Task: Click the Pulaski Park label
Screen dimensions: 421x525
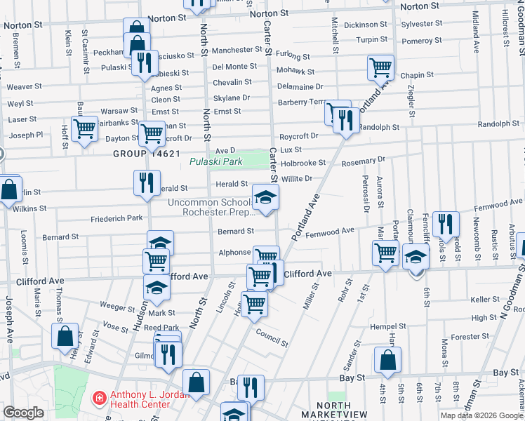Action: [216, 162]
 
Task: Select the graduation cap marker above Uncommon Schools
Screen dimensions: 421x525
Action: [265, 199]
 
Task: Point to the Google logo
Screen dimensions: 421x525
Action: [23, 413]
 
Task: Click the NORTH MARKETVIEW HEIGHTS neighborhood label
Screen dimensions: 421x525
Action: [333, 410]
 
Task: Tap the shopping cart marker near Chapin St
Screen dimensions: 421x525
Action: [380, 69]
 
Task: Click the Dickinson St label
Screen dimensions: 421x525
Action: [366, 25]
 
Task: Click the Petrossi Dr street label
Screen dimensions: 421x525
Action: [366, 194]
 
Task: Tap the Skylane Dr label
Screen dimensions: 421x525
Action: [232, 98]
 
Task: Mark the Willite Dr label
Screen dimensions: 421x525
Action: [297, 179]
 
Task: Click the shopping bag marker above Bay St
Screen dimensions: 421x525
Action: [387, 361]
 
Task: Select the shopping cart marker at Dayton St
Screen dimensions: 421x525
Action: [152, 133]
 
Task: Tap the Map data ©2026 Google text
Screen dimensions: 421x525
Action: [481, 415]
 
